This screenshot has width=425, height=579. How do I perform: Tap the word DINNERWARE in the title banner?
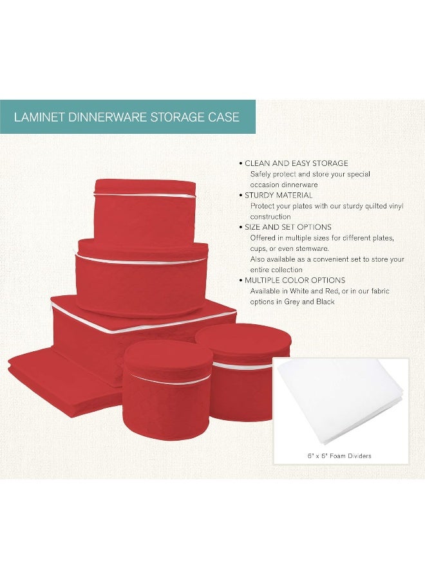[x=106, y=117]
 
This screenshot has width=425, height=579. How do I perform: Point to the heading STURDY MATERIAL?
[x=279, y=195]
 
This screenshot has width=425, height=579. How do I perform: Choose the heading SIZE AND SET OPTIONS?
[x=288, y=227]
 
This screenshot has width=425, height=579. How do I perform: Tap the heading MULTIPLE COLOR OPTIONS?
[x=295, y=280]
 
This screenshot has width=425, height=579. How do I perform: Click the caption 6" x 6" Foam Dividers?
[x=339, y=455]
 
